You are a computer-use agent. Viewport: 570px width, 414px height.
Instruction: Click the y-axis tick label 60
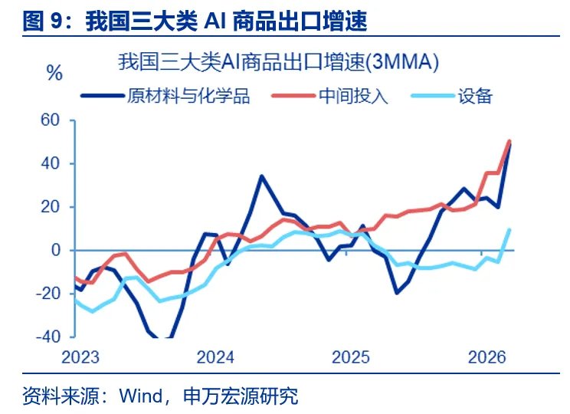point(50,120)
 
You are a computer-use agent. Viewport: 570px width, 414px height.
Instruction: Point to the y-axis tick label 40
point(50,164)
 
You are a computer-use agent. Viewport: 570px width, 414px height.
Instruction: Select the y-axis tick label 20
point(50,207)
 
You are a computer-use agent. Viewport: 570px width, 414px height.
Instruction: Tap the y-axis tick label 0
point(55,251)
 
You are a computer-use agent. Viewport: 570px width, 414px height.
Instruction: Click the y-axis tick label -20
point(47,294)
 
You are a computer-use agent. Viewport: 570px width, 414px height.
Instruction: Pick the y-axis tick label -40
point(47,337)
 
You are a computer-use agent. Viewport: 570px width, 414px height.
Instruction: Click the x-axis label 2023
point(82,357)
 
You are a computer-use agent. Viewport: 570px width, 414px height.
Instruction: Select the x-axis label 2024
point(216,357)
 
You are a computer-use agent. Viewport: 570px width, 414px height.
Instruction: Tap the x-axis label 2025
point(350,357)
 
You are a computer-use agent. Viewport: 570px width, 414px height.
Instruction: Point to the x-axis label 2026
point(484,357)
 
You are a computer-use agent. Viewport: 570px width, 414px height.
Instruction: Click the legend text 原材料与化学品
point(189,96)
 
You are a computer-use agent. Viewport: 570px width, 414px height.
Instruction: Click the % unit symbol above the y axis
point(54,74)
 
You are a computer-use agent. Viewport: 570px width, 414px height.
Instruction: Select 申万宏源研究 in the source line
point(241,396)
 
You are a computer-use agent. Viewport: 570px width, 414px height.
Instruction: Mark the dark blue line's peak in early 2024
point(261,176)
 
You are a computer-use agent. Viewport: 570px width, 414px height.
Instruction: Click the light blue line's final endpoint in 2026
point(509,229)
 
